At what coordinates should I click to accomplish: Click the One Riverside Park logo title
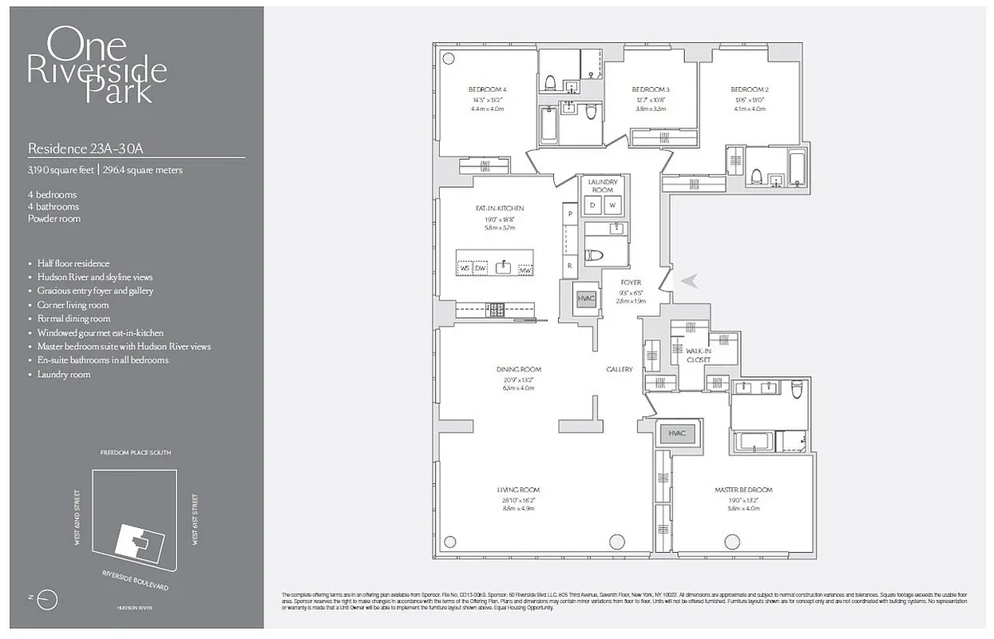click(97, 65)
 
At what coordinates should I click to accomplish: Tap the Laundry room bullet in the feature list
click(64, 375)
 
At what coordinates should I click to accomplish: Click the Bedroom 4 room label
click(487, 89)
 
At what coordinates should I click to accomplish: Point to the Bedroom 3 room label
click(650, 89)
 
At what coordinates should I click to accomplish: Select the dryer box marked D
click(592, 204)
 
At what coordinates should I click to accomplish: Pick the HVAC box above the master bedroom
click(677, 435)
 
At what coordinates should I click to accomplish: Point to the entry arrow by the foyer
click(687, 280)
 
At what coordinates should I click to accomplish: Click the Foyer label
click(632, 283)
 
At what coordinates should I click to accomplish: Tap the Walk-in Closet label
click(699, 355)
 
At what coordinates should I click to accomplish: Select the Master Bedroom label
click(742, 490)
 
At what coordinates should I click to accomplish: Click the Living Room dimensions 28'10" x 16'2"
click(519, 501)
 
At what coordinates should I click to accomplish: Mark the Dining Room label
click(520, 369)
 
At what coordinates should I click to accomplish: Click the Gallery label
click(620, 370)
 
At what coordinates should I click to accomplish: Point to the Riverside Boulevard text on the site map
click(135, 581)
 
